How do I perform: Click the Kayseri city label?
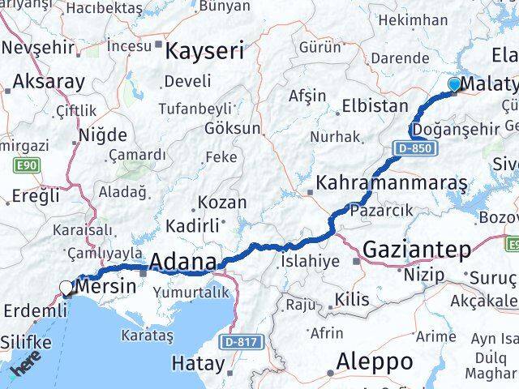(x=204, y=53)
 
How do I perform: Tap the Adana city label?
(x=184, y=262)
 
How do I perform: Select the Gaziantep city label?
(x=417, y=250)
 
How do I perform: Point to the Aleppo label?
(x=375, y=361)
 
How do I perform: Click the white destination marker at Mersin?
(x=66, y=287)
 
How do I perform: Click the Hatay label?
(x=200, y=364)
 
